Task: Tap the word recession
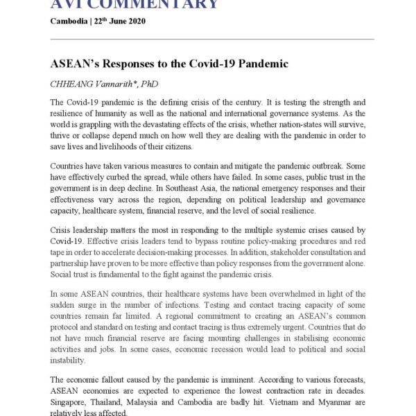pos(209,349)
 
